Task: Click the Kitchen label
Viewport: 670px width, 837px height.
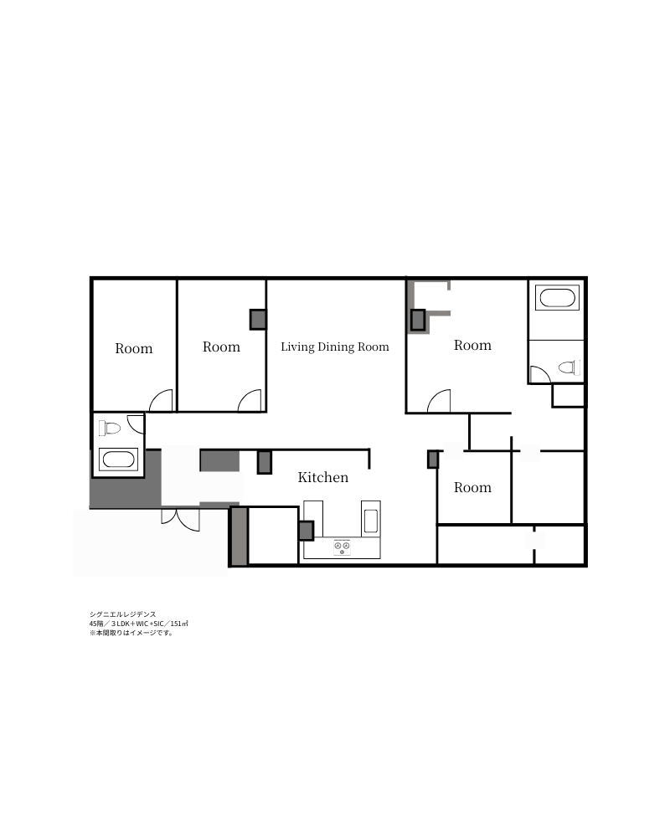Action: [322, 477]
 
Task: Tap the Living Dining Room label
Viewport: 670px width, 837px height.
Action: [335, 347]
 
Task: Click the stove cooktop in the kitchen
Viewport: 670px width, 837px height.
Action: [342, 547]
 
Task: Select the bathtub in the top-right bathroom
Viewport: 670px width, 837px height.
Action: [557, 297]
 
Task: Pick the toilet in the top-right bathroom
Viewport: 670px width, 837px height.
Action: [569, 367]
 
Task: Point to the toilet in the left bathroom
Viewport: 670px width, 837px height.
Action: [110, 428]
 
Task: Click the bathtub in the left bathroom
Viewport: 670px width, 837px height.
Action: [119, 460]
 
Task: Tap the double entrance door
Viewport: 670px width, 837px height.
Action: [181, 520]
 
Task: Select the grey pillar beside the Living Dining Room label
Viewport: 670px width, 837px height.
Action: [258, 320]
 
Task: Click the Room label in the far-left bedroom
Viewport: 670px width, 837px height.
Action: [133, 348]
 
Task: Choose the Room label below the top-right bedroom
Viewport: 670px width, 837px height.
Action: [472, 487]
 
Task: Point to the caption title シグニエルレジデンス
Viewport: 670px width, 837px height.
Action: [123, 614]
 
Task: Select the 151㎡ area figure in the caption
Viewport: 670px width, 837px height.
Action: [179, 624]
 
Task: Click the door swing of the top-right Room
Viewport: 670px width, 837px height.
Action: [439, 401]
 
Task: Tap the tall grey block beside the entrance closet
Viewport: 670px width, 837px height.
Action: [239, 536]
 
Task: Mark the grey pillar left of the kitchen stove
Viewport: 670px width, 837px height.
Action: [307, 531]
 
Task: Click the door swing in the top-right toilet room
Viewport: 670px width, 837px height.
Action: [539, 373]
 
